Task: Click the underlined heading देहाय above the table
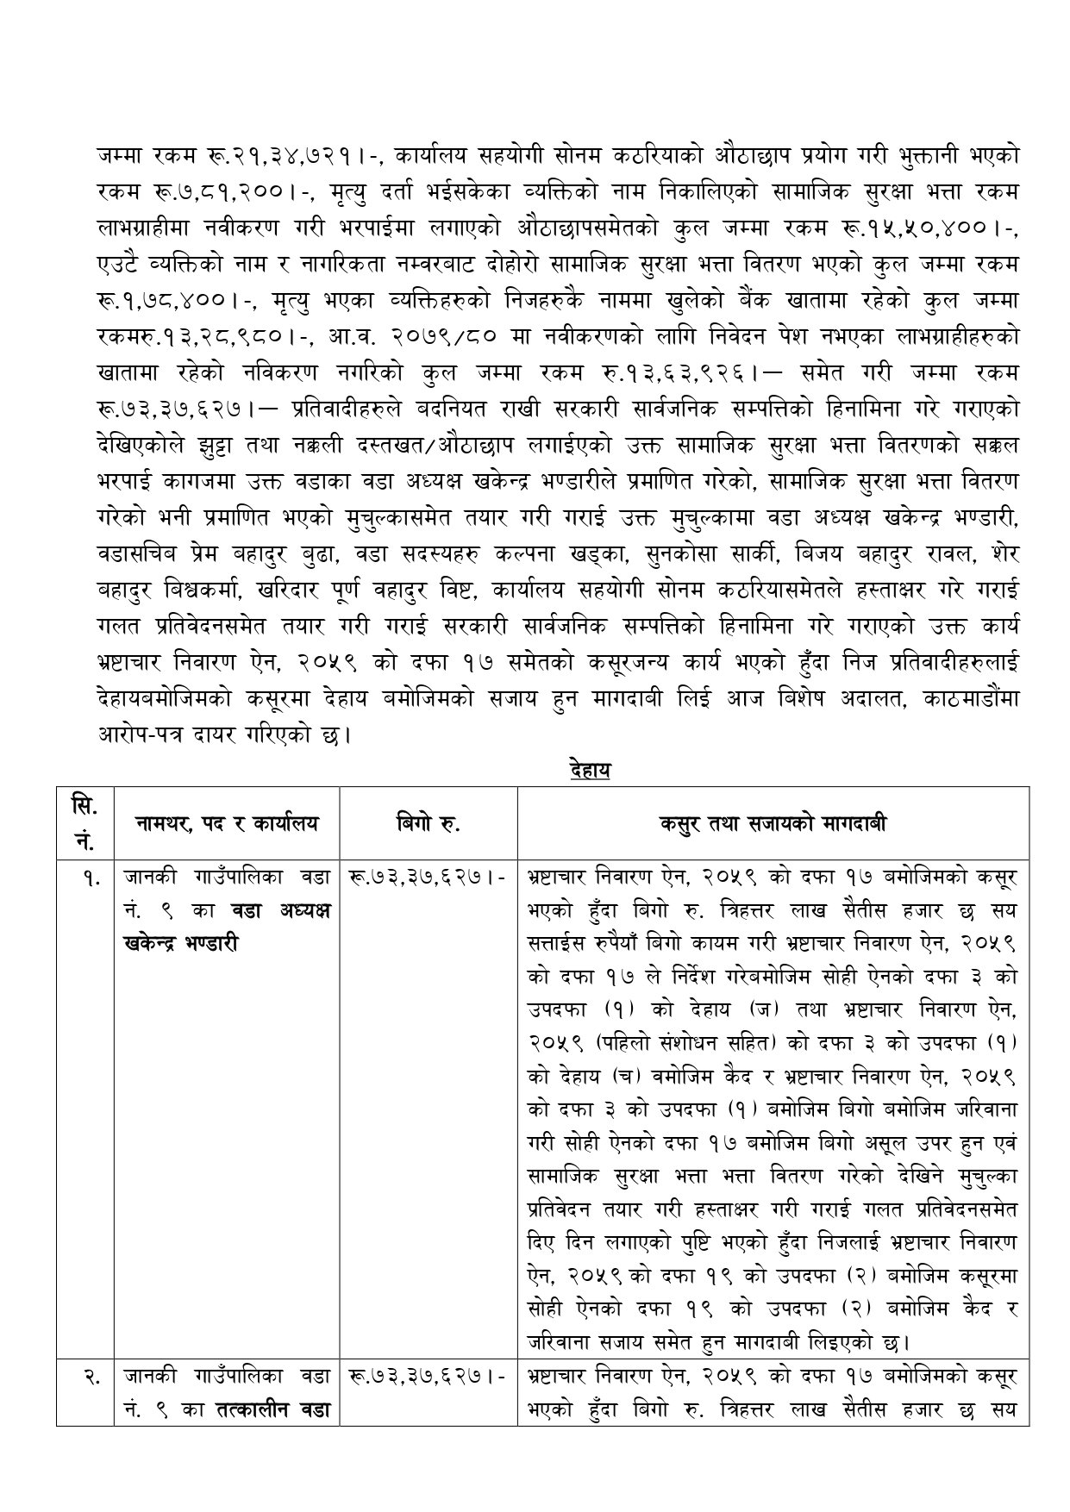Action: pos(590,770)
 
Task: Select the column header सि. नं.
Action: pos(84,822)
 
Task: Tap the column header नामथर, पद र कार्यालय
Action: pos(227,823)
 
